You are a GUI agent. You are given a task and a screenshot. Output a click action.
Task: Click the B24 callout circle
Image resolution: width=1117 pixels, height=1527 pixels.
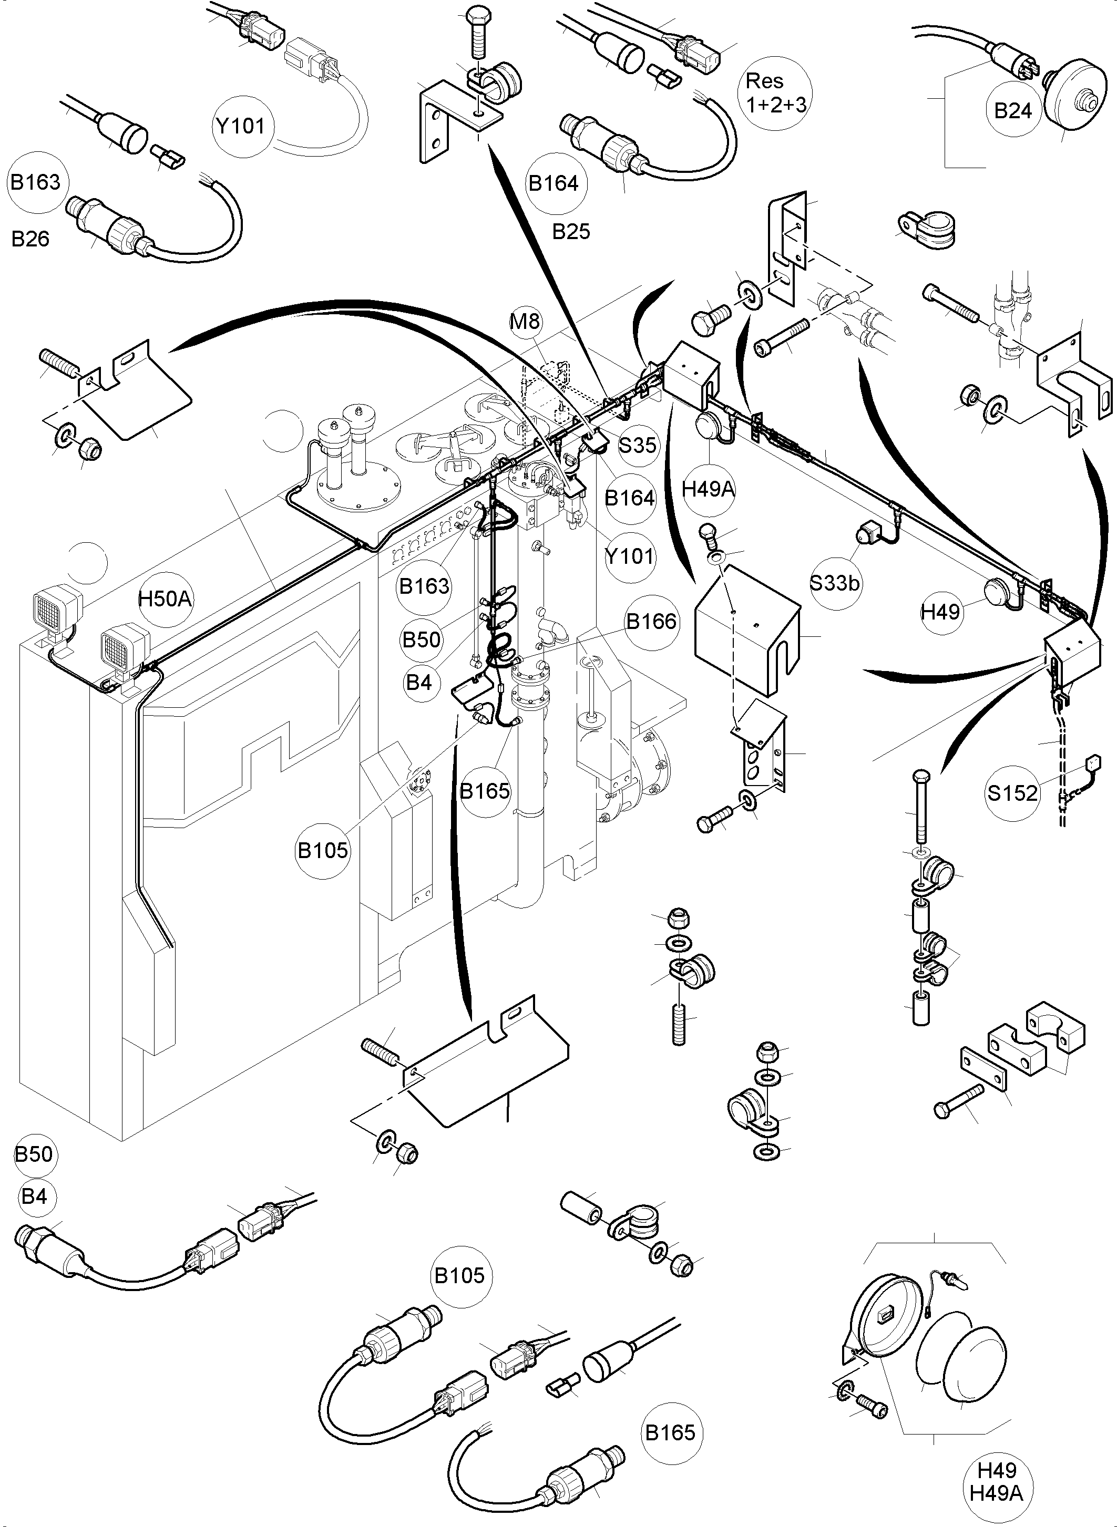click(x=1012, y=111)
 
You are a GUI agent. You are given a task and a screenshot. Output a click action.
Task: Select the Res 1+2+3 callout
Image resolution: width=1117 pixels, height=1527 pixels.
click(x=775, y=92)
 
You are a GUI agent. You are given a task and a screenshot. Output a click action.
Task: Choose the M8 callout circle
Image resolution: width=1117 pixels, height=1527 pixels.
click(x=525, y=321)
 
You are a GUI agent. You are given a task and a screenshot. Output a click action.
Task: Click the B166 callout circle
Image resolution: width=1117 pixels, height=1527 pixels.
click(x=650, y=621)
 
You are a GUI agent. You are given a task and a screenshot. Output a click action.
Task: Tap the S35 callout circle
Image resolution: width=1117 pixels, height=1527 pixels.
click(x=638, y=445)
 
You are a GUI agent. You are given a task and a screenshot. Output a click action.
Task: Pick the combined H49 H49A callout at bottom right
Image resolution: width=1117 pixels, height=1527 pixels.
click(x=997, y=1482)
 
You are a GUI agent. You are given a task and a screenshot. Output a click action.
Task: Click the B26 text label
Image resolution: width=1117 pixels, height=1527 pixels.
click(x=30, y=239)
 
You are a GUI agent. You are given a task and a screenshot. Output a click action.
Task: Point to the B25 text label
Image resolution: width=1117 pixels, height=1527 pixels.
click(x=571, y=232)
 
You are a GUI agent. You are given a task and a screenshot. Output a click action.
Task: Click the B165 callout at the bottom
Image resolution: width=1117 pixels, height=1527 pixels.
click(x=669, y=1433)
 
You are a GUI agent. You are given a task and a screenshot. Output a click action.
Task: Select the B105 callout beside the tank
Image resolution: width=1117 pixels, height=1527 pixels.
click(x=323, y=850)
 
